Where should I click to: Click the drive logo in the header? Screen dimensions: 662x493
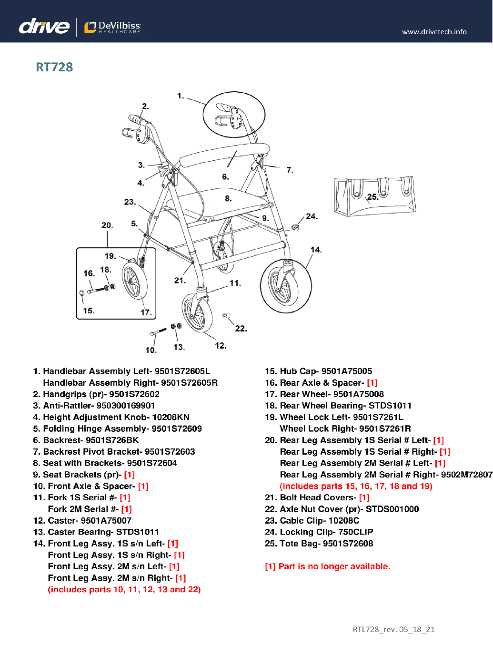44,27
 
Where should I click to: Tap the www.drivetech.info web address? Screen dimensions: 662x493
434,32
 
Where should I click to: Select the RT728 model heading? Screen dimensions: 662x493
54,67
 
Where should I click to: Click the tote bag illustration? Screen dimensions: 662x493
374,195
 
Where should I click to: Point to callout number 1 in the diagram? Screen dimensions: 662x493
180,96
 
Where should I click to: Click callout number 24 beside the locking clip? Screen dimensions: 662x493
312,216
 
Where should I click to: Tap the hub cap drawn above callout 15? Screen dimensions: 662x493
81,293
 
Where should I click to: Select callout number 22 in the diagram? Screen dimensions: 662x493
241,329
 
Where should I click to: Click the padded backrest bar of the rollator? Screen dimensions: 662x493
224,154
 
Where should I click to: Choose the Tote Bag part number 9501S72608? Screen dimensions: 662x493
348,544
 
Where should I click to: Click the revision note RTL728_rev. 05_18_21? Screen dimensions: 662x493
393,630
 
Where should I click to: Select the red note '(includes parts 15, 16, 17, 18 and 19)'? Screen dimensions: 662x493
356,486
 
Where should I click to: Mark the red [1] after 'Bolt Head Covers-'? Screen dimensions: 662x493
364,497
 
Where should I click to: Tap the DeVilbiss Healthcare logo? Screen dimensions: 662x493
112,27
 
